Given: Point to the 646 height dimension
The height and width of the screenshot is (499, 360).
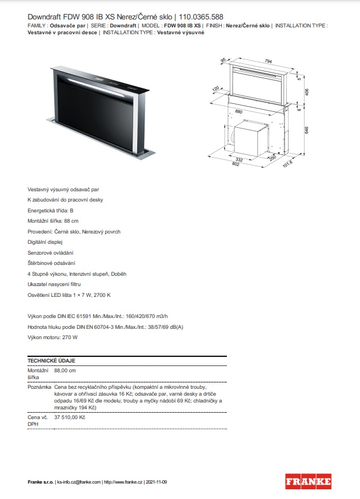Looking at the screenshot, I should pos(307,130).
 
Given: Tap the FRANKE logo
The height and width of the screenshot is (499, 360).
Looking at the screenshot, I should pos(308,481).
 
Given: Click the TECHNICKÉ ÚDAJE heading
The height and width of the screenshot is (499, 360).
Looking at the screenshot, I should pos(51,361).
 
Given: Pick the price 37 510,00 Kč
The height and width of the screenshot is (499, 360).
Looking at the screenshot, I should pos(70,417).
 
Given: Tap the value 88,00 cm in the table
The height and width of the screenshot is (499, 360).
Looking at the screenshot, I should pos(65,371).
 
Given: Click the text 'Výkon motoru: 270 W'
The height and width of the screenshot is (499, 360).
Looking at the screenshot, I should pos(53,337).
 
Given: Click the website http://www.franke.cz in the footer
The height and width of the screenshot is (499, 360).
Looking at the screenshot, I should pos(123,482).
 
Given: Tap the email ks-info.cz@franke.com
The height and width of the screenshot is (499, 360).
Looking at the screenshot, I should pos(79,482).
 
